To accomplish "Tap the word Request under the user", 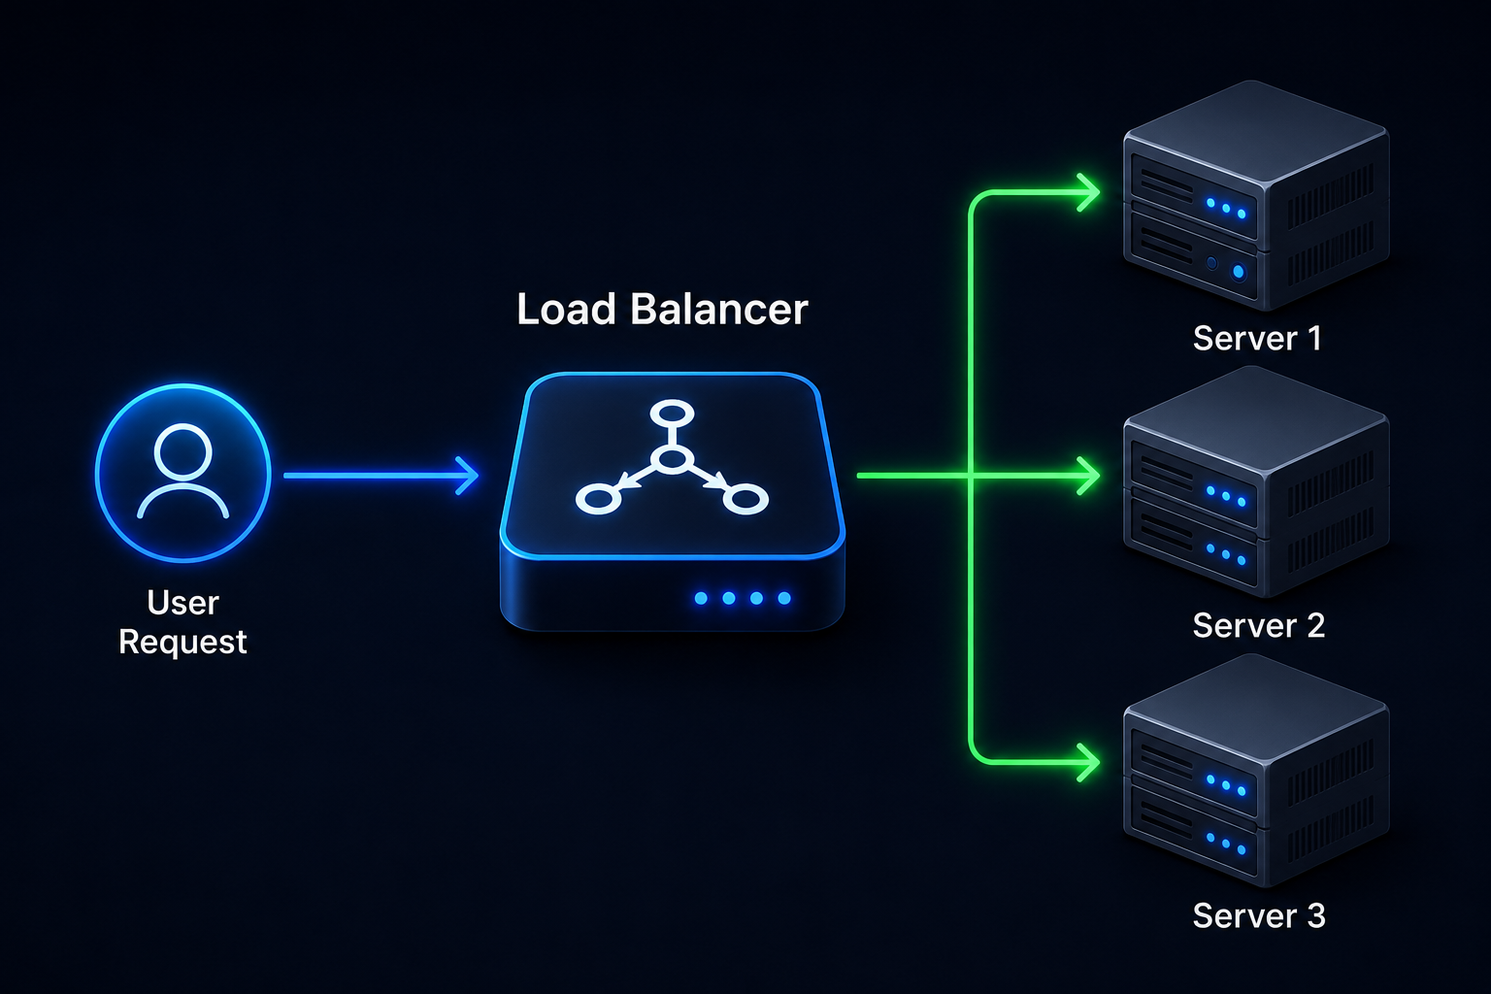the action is pos(183,643).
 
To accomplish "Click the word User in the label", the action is pos(183,603).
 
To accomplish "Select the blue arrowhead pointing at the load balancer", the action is pos(467,476).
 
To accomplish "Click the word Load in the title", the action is pos(566,309).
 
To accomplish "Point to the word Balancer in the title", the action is pos(719,309).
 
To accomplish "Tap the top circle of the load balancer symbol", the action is pos(673,413).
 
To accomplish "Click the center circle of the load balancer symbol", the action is pos(673,459).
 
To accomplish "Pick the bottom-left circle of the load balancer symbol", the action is pos(598,499).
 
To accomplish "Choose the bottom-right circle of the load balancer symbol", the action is pos(745,499).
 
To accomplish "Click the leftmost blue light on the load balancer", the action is pos(701,598).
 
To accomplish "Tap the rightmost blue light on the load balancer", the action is pos(784,598).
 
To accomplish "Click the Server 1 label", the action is pos(1257,338).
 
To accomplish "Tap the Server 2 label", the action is pos(1259,626).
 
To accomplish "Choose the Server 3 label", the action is pos(1259,916).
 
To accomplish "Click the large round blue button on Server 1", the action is pos(1239,272).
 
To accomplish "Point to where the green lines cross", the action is pos(971,476).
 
